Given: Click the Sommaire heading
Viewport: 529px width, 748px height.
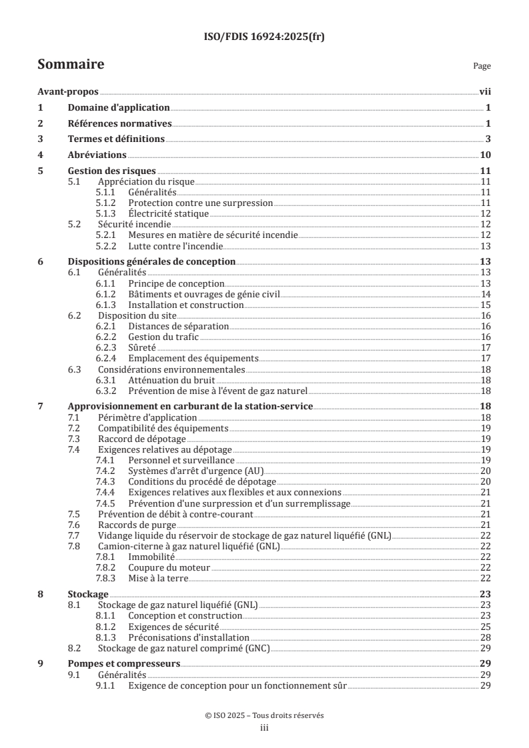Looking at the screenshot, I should [71, 65].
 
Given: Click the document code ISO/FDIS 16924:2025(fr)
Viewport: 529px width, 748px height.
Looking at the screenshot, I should [264, 37].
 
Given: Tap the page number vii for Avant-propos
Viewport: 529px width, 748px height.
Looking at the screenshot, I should [485, 93].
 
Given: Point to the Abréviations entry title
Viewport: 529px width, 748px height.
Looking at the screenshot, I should [99, 155].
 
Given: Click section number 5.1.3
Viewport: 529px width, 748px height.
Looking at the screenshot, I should [107, 213].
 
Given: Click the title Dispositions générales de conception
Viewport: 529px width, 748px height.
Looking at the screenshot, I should [151, 262].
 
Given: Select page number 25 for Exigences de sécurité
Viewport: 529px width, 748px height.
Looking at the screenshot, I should [486, 627].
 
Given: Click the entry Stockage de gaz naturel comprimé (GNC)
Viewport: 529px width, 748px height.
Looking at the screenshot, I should [183, 648].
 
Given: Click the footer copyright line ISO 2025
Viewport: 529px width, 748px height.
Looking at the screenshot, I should [264, 715].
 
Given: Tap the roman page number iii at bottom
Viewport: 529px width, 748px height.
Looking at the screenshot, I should [264, 728].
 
